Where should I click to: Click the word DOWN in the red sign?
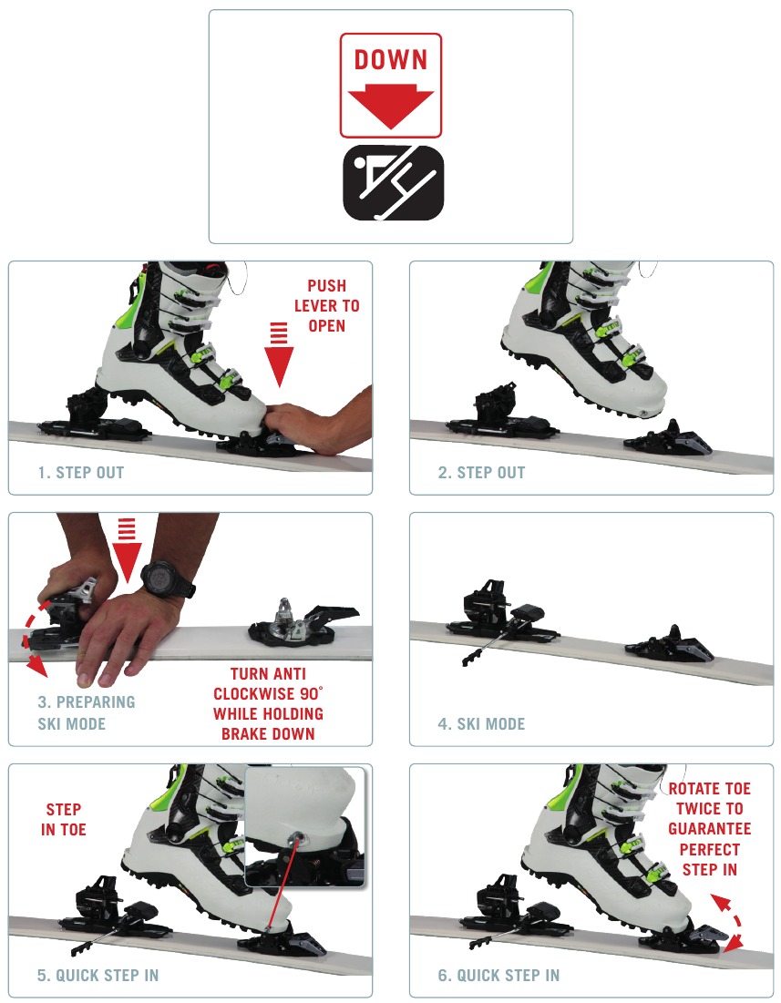[390, 60]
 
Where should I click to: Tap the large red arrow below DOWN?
[390, 106]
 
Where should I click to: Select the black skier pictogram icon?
[392, 183]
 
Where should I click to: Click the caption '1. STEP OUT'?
[81, 473]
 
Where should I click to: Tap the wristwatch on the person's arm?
[168, 578]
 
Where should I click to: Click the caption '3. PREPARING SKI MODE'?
[86, 713]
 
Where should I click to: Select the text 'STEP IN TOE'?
[63, 819]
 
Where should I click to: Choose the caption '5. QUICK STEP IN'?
[98, 976]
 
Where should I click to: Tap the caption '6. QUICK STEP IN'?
[498, 976]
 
